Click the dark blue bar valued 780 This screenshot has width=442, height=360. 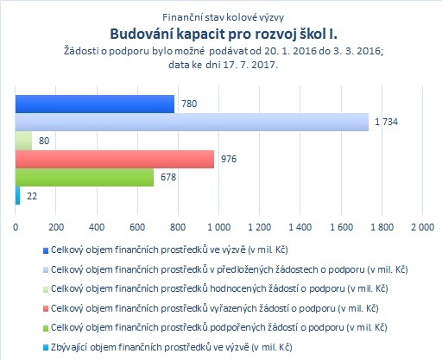click(x=95, y=104)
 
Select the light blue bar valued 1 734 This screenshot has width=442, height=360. click(x=192, y=122)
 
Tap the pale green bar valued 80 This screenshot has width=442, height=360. click(x=23, y=141)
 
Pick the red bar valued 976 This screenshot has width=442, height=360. click(x=115, y=159)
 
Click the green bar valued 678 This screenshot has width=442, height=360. click(x=85, y=177)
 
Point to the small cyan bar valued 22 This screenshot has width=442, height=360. click(x=17, y=196)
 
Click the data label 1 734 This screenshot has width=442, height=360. click(x=387, y=122)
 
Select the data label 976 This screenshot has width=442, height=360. click(x=229, y=159)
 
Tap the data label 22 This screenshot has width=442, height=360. click(x=32, y=196)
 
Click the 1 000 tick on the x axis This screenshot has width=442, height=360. click(x=219, y=227)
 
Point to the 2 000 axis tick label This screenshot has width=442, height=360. click(x=422, y=227)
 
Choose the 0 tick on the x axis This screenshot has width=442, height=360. click(x=16, y=227)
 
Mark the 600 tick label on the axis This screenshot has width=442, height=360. click(x=137, y=227)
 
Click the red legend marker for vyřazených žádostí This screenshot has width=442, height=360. click(x=46, y=309)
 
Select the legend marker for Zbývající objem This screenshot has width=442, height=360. click(x=46, y=348)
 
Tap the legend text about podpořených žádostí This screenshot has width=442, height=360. click(x=219, y=327)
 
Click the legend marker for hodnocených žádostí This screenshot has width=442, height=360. click(x=46, y=289)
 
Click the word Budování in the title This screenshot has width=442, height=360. click(x=142, y=34)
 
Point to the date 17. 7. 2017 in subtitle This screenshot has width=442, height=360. click(x=250, y=65)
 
